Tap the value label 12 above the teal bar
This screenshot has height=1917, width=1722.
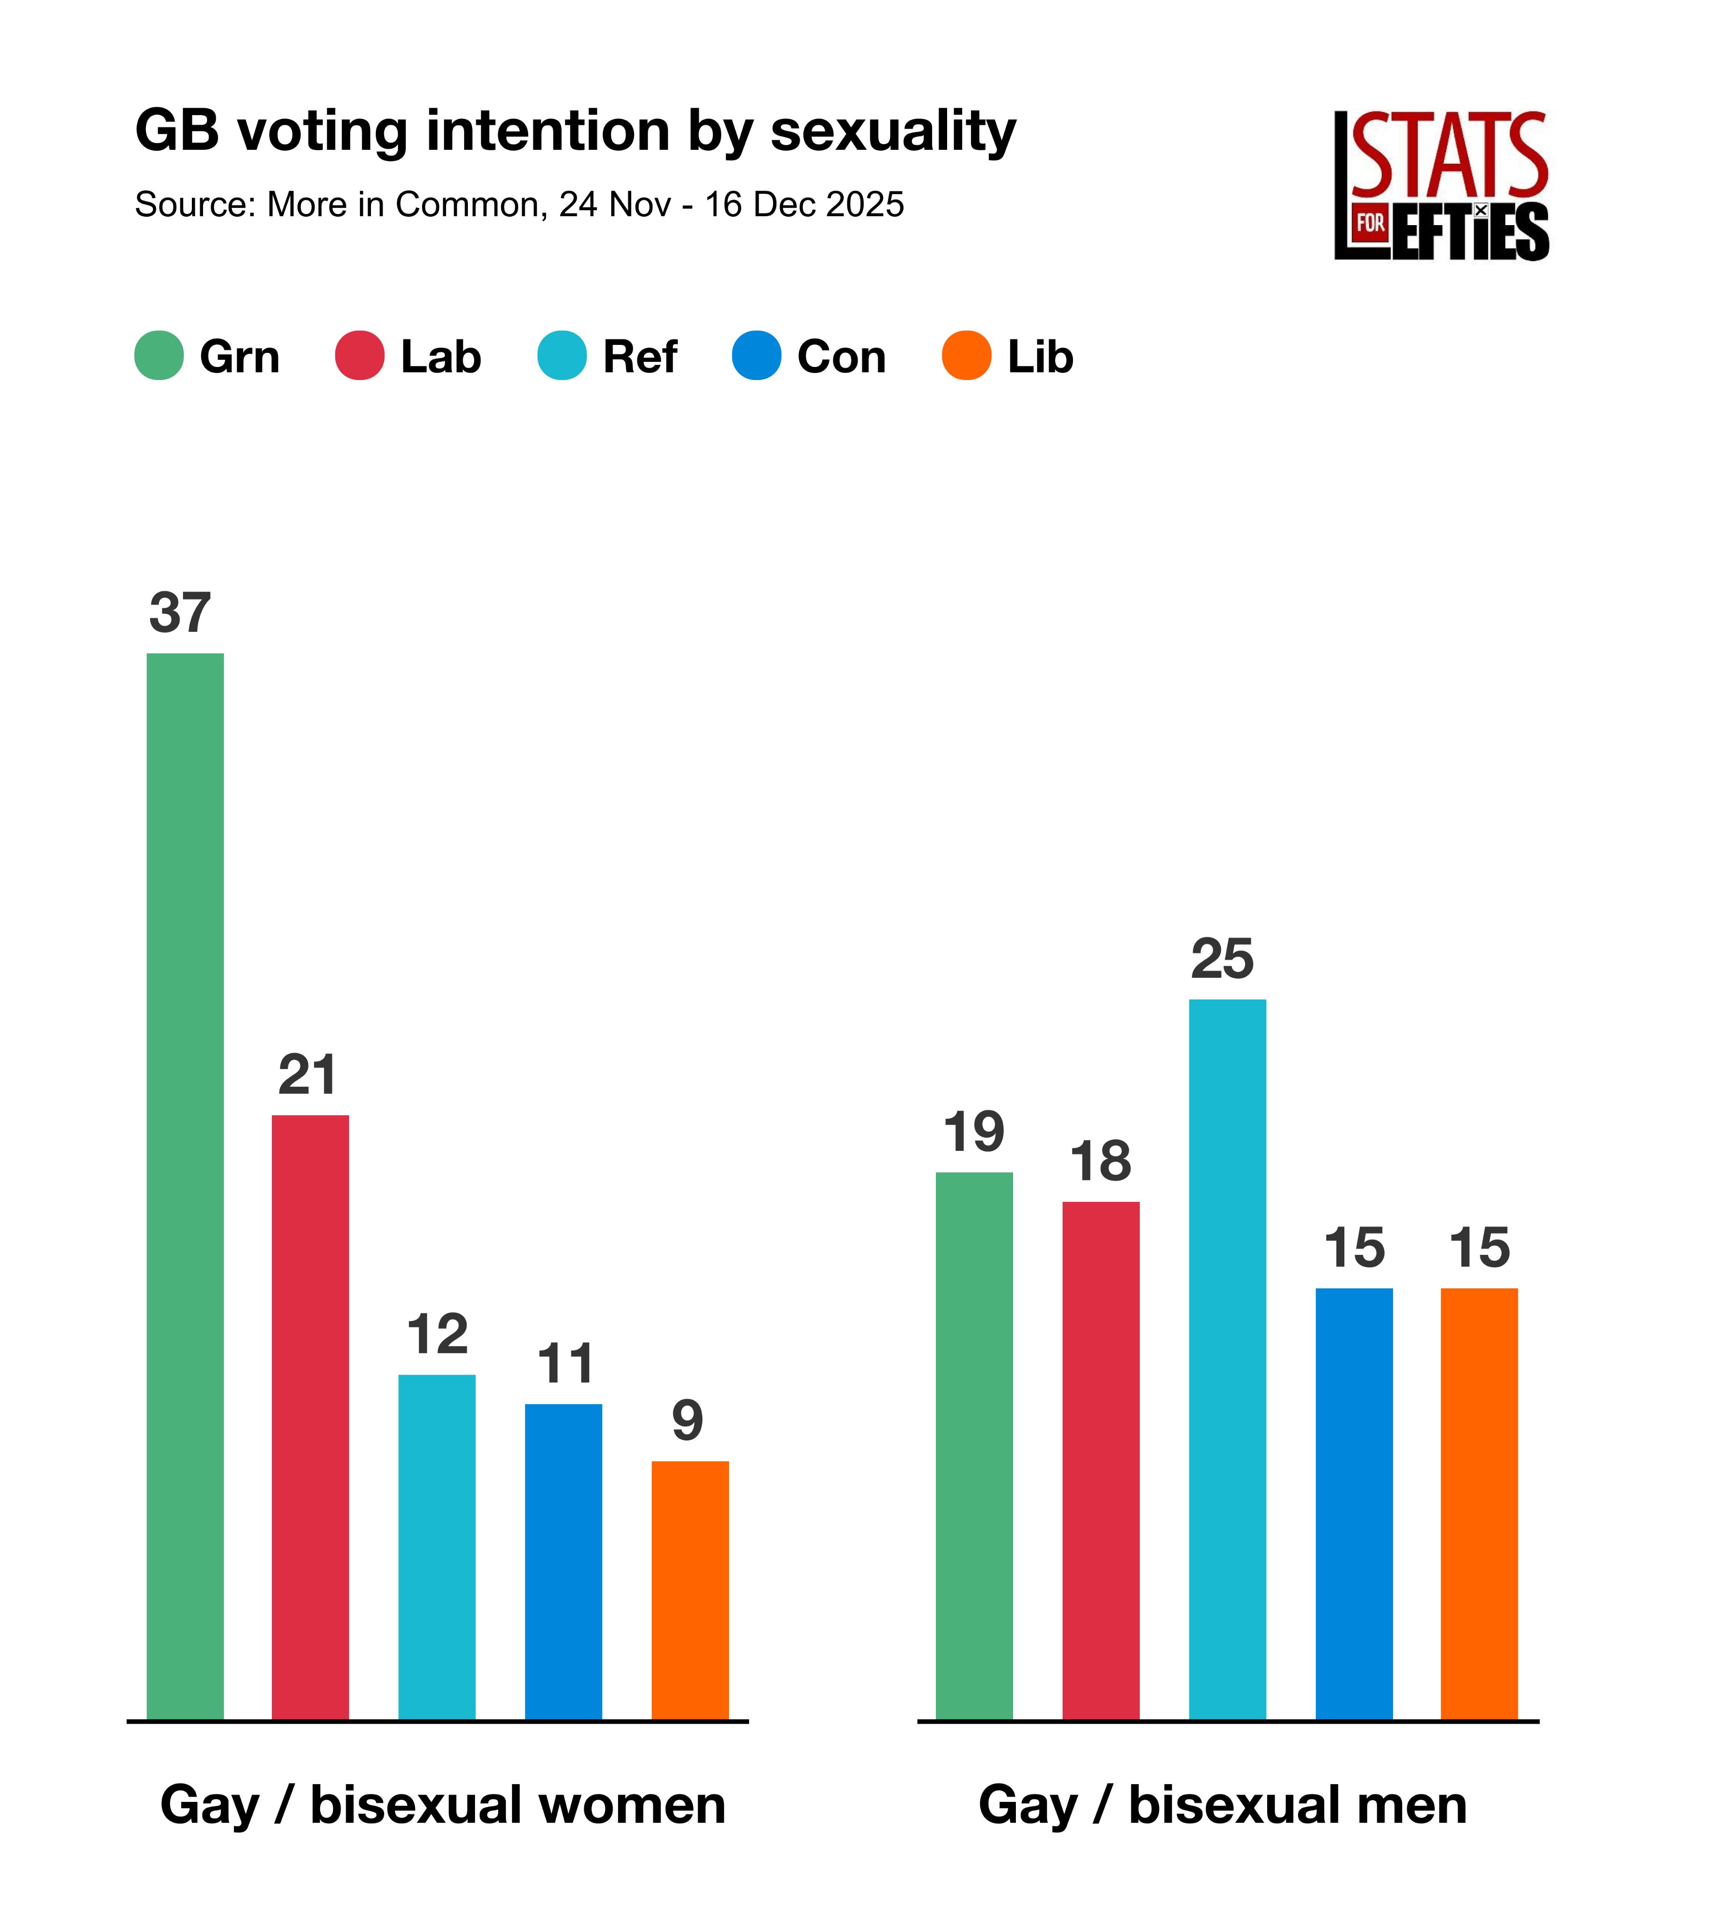[x=437, y=1334]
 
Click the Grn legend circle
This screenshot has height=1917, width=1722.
[x=159, y=356]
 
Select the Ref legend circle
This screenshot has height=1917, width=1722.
[x=562, y=356]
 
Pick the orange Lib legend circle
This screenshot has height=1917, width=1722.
[x=966, y=356]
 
